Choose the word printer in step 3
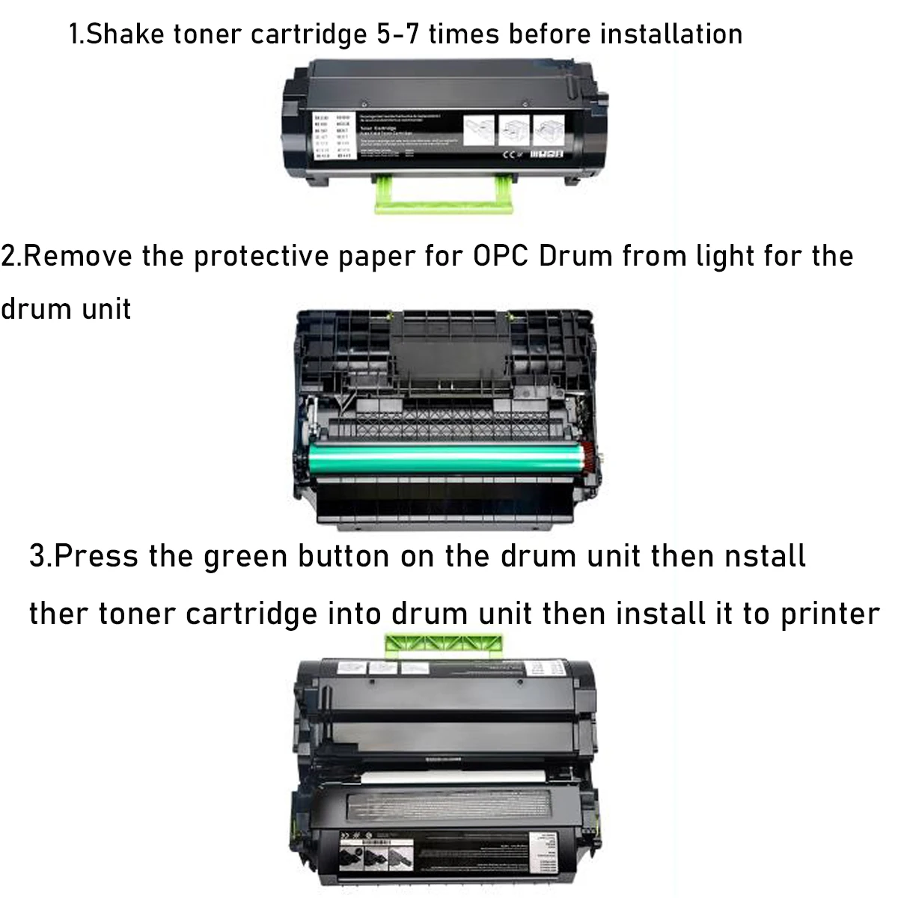(x=830, y=615)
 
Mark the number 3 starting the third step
(x=37, y=557)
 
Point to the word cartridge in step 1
(x=309, y=34)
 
